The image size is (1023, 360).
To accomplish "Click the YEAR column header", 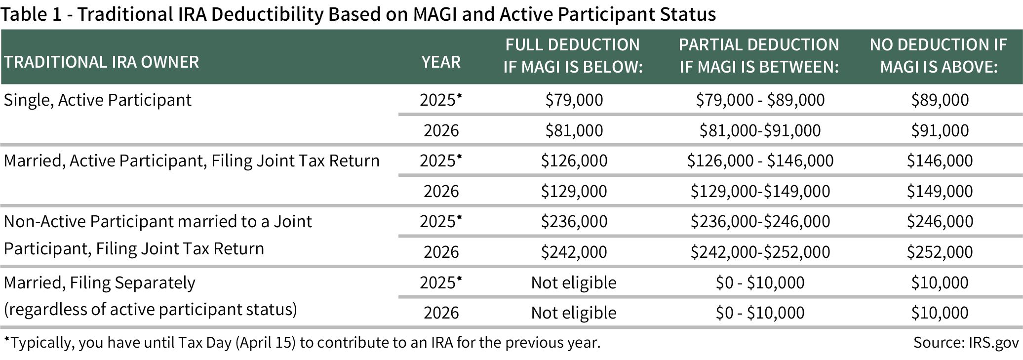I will tap(441, 62).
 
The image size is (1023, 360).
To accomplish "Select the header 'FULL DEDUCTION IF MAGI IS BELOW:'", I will tap(573, 55).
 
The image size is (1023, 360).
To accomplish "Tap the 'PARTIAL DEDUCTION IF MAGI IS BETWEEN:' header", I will tap(759, 55).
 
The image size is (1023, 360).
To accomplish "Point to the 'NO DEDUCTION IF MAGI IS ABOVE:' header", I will tap(939, 55).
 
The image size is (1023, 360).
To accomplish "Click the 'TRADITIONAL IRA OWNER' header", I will tap(101, 62).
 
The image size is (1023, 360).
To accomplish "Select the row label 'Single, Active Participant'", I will tap(97, 100).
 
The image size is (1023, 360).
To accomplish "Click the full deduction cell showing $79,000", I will tap(574, 100).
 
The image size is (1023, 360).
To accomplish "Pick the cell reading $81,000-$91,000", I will tap(760, 130).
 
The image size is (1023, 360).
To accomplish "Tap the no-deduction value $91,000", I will tap(940, 130).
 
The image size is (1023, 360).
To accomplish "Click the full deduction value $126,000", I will tap(574, 160).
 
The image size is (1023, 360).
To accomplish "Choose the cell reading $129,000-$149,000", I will tap(760, 191).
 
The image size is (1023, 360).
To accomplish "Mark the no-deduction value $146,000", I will tap(940, 160).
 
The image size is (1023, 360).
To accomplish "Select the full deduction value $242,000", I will tap(574, 252).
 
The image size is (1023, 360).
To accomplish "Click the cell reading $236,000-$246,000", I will tap(760, 221).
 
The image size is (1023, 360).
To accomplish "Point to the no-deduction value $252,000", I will tap(940, 252).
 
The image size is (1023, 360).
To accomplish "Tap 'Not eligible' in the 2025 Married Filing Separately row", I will tap(574, 282).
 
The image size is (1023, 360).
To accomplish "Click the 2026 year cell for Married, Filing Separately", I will tap(441, 313).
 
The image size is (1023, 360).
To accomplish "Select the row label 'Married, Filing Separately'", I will tap(99, 283).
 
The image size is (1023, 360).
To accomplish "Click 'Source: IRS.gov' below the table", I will tap(965, 343).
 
